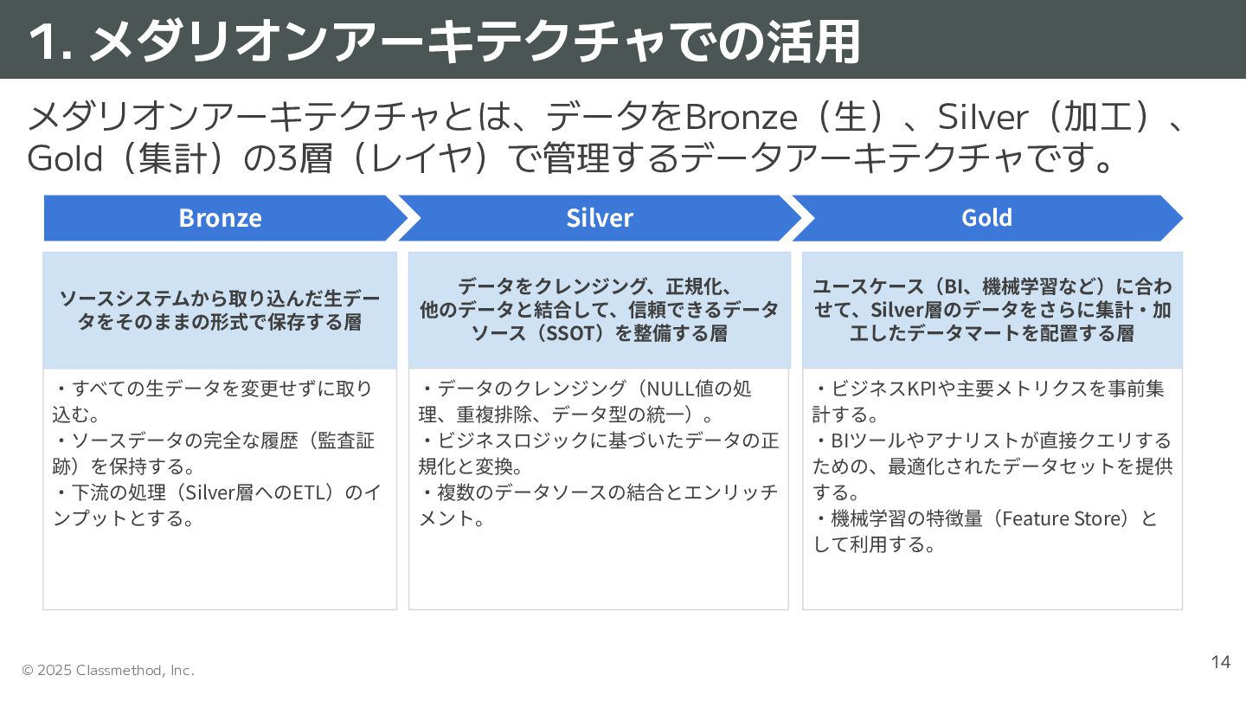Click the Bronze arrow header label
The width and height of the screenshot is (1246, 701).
[220, 218]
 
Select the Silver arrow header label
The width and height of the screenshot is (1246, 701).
[600, 218]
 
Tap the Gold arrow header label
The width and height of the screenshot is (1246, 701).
[986, 218]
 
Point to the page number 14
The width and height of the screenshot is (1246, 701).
[1220, 663]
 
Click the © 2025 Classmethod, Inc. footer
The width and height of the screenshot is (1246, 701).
[108, 671]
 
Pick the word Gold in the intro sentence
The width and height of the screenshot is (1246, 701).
[66, 158]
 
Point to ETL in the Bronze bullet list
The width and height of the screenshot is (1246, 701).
[308, 492]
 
